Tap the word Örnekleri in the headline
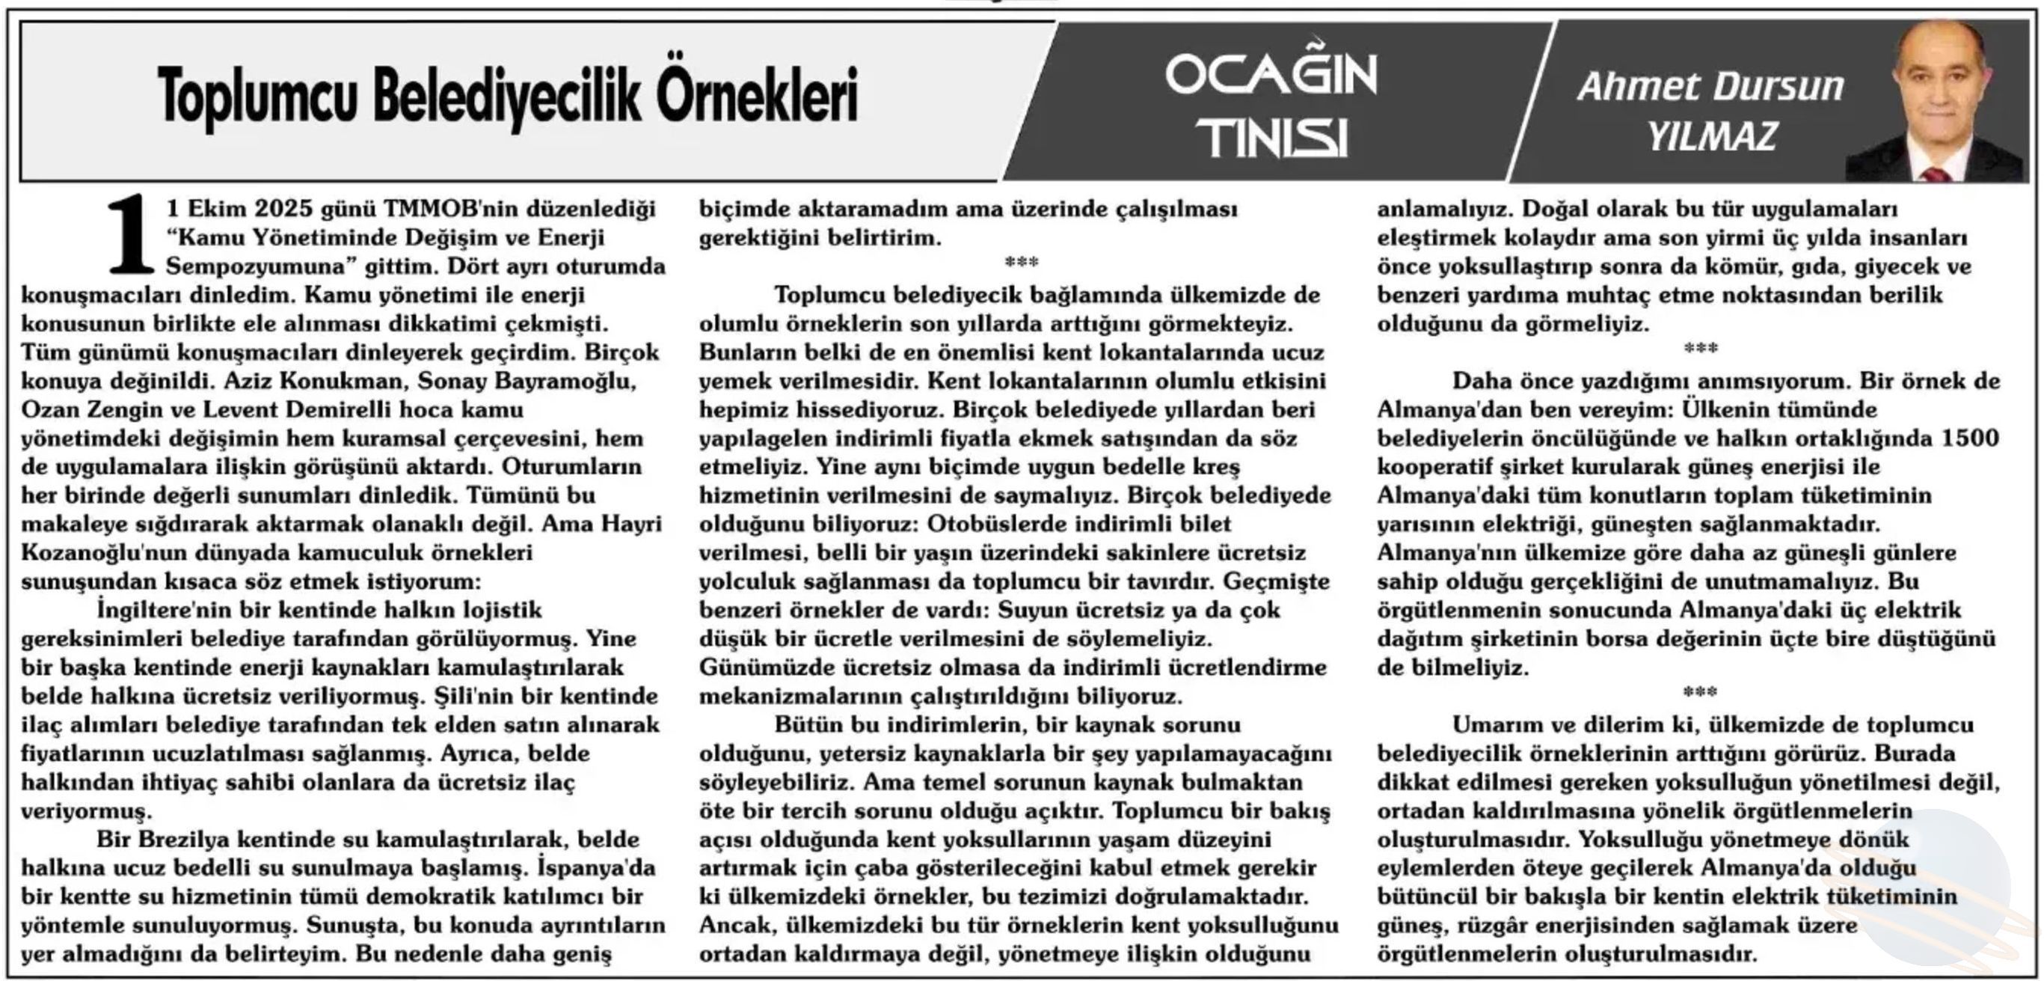pos(757,95)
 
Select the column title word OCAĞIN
pos(1271,76)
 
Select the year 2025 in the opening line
pos(283,209)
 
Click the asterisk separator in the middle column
pos(1020,263)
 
